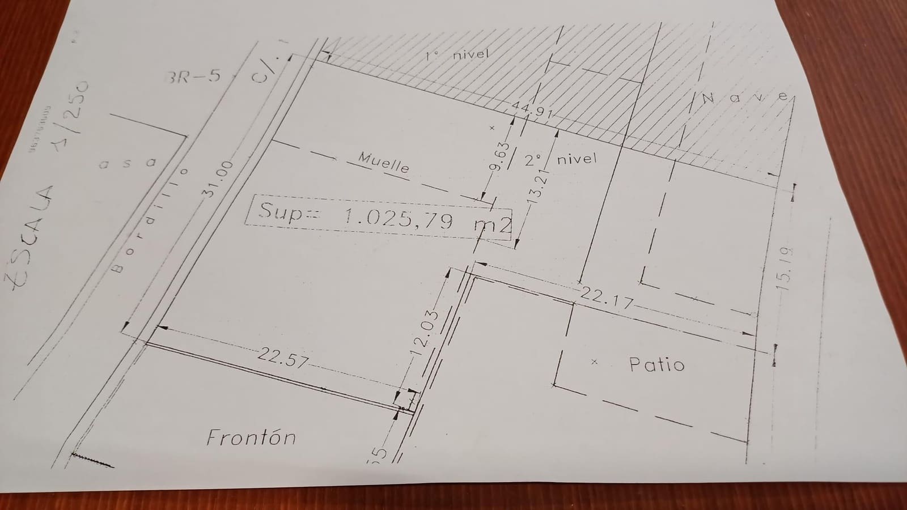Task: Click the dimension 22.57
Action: (283, 358)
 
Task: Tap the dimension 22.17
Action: (607, 297)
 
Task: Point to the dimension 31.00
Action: (218, 178)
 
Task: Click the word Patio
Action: (657, 364)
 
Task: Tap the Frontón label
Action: (251, 438)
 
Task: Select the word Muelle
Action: (384, 163)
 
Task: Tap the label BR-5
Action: (192, 76)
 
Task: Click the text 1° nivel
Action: (456, 55)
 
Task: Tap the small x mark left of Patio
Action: (594, 361)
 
